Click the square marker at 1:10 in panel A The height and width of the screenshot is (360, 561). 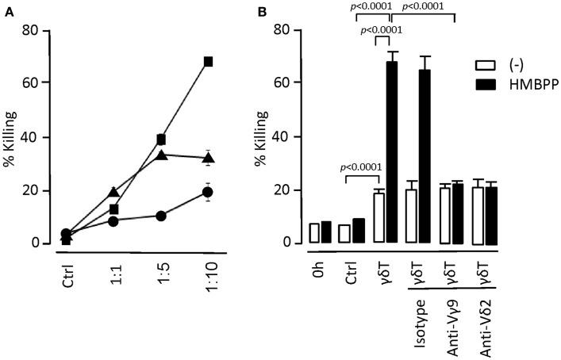tap(209, 61)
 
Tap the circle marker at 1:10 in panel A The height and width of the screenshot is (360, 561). tap(209, 192)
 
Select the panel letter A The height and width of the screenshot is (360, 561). tap(6, 8)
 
